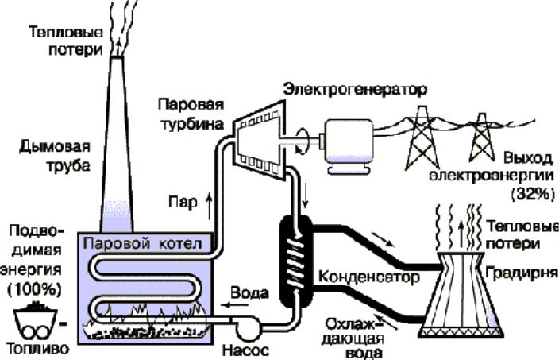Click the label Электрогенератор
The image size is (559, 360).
pyautogui.click(x=355, y=90)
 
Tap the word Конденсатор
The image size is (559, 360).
pyautogui.click(x=368, y=277)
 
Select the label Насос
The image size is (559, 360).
pyautogui.click(x=245, y=350)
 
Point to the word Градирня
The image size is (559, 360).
pyautogui.click(x=522, y=273)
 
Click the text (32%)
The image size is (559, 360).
pyautogui.click(x=533, y=195)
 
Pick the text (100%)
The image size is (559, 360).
pyautogui.click(x=34, y=289)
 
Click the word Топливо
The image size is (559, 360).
pyautogui.click(x=38, y=349)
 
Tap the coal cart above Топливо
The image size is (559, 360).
pyautogui.click(x=35, y=320)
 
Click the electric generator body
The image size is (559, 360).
pyautogui.click(x=349, y=146)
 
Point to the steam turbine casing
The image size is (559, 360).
pyautogui.click(x=260, y=140)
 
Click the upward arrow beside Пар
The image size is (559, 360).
pyautogui.click(x=210, y=206)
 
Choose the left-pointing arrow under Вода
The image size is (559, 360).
pyautogui.click(x=234, y=305)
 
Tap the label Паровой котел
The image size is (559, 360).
pyautogui.click(x=143, y=244)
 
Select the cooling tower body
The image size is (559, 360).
pyautogui.click(x=461, y=295)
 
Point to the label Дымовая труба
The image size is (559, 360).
pyautogui.click(x=54, y=157)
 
